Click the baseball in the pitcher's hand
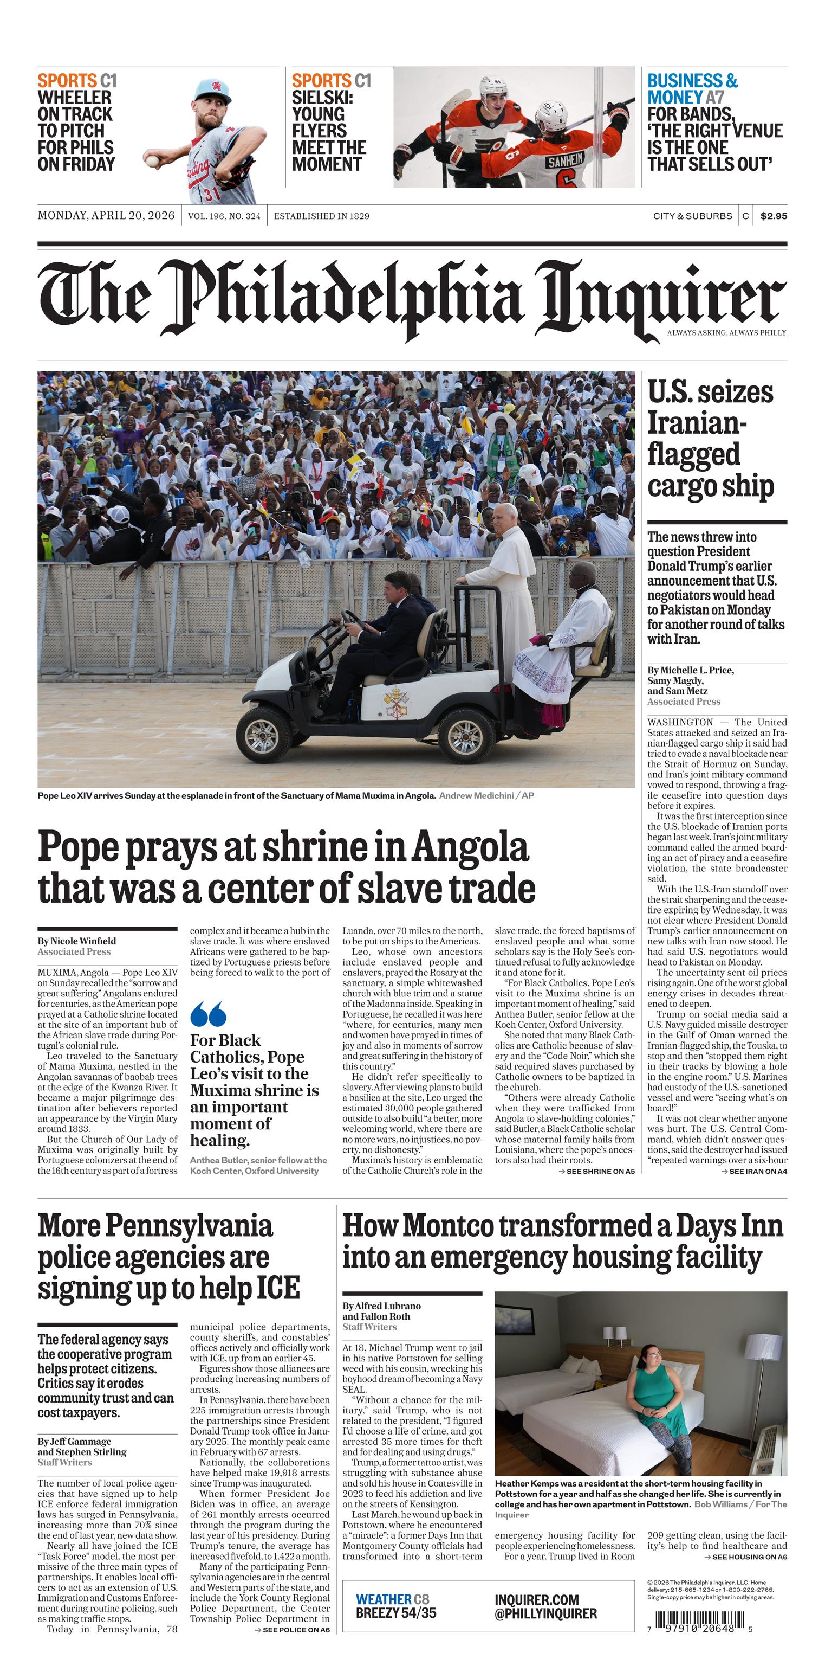pyautogui.click(x=152, y=160)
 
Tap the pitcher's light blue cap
pyautogui.click(x=213, y=91)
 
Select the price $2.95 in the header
pyautogui.click(x=773, y=216)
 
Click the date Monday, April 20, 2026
pyautogui.click(x=106, y=215)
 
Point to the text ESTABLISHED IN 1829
pyautogui.click(x=321, y=216)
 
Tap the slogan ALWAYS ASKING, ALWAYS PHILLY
pyautogui.click(x=726, y=333)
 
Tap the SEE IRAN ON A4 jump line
pyautogui.click(x=754, y=1172)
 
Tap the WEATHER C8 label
pyautogui.click(x=392, y=1599)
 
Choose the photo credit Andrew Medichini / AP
pyautogui.click(x=486, y=795)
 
